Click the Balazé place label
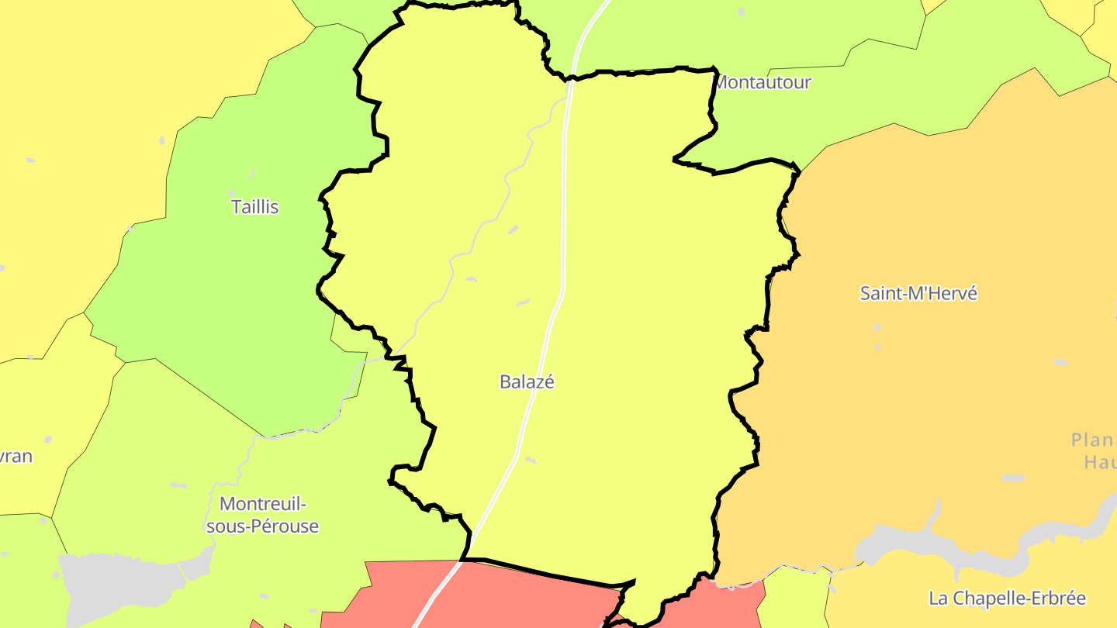click(527, 381)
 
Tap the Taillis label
click(254, 207)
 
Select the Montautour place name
click(762, 82)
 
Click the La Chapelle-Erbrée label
click(1007, 599)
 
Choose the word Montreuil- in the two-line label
click(263, 504)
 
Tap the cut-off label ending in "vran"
click(16, 456)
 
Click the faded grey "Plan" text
click(1092, 440)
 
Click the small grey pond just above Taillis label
click(231, 192)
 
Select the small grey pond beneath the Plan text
click(1012, 478)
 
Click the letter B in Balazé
click(505, 381)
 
